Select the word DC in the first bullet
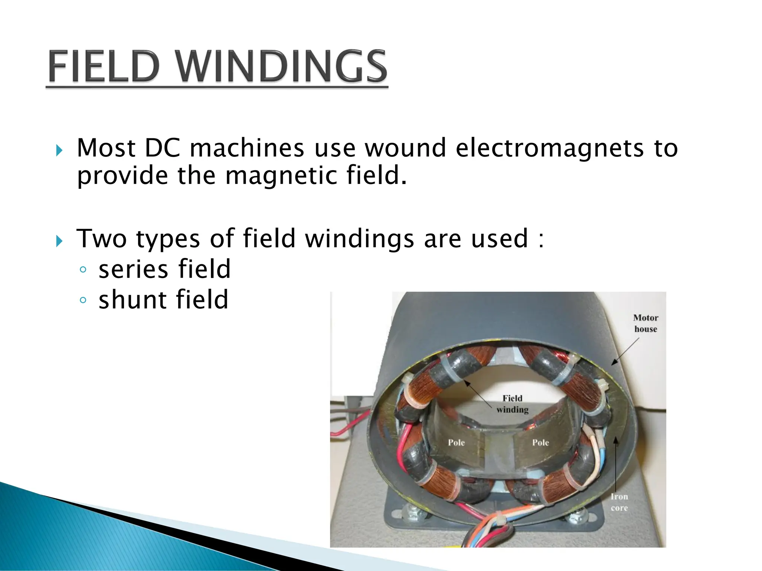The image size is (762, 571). pos(162,148)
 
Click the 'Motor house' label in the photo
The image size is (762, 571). pos(646,323)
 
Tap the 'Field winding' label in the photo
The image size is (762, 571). pos(512,404)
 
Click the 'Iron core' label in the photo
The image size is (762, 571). pos(619,502)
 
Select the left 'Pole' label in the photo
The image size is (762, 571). pos(456,442)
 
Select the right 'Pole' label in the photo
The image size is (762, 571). pos(540,442)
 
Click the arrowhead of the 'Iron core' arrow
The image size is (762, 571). pos(616,441)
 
